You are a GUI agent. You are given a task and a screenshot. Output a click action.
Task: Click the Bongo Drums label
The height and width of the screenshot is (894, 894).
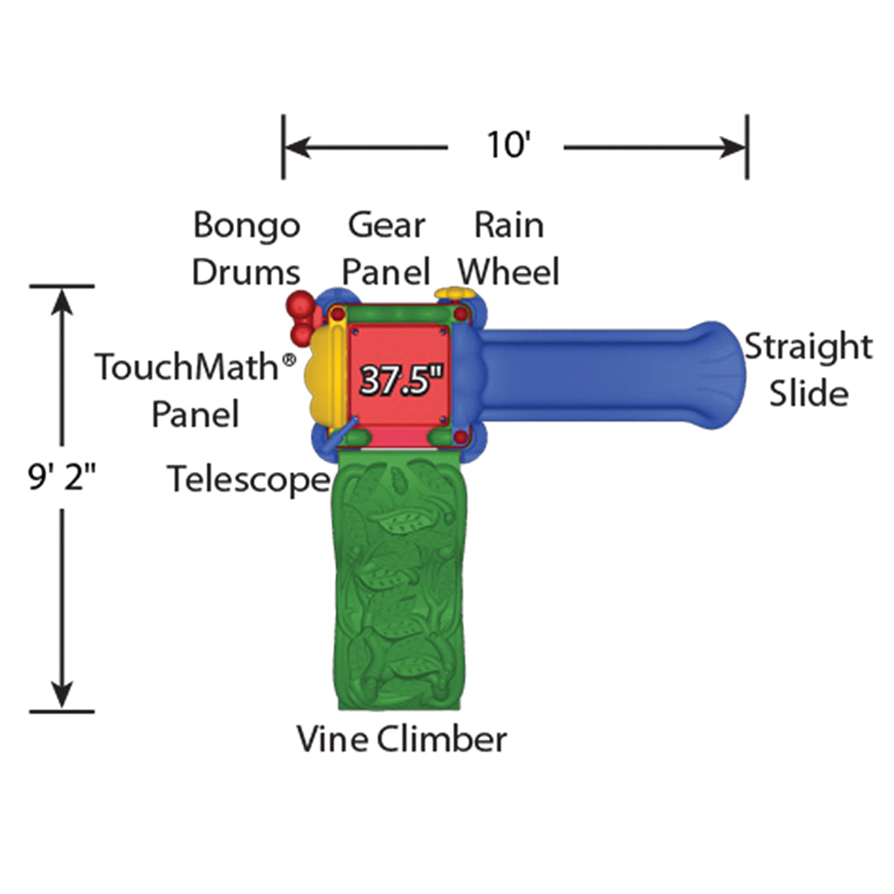point(247,248)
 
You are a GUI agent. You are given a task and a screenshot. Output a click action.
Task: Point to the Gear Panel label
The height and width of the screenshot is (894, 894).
point(388,248)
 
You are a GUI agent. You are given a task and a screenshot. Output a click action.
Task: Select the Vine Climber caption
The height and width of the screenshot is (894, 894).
point(401,739)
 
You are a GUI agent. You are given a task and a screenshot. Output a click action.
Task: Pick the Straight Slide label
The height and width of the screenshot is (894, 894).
point(808,369)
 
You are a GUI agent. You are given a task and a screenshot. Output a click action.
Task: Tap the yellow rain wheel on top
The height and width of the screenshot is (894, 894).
point(452,294)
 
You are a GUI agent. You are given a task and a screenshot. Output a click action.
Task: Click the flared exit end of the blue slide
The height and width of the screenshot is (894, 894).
point(716,375)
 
